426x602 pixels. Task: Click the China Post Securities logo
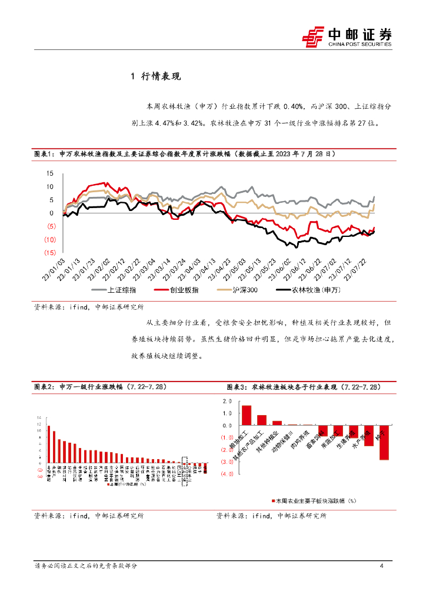[x=347, y=36]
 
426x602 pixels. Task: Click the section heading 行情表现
[x=160, y=76]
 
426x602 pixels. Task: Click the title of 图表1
[x=185, y=153]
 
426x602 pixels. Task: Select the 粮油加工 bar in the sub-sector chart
[x=247, y=415]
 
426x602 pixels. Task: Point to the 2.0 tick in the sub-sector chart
[x=227, y=401]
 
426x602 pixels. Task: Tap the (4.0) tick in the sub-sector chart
[x=226, y=473]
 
